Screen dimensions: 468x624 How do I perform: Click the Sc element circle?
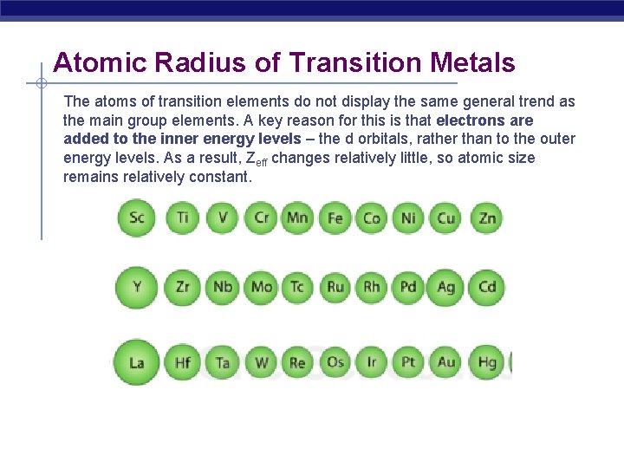coord(137,218)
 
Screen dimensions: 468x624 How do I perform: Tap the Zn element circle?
coord(486,218)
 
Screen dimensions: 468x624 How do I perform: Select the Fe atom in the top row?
coord(335,218)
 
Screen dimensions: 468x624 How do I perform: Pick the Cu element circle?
coord(446,218)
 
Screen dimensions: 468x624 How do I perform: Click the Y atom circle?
coord(137,287)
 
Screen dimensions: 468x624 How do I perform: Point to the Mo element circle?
coord(261,287)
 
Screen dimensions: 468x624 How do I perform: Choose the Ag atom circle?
coord(446,287)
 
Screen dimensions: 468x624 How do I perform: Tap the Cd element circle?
coord(486,287)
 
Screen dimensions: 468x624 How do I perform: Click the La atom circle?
coord(137,361)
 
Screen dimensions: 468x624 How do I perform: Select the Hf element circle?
coord(182,361)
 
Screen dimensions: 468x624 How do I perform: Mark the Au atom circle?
coord(446,361)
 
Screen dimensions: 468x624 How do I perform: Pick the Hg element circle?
coord(486,361)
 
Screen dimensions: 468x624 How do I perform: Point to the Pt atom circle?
coord(408,361)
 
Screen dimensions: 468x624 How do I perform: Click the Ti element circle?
coord(182,218)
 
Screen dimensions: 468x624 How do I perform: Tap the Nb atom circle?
coord(223,287)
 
